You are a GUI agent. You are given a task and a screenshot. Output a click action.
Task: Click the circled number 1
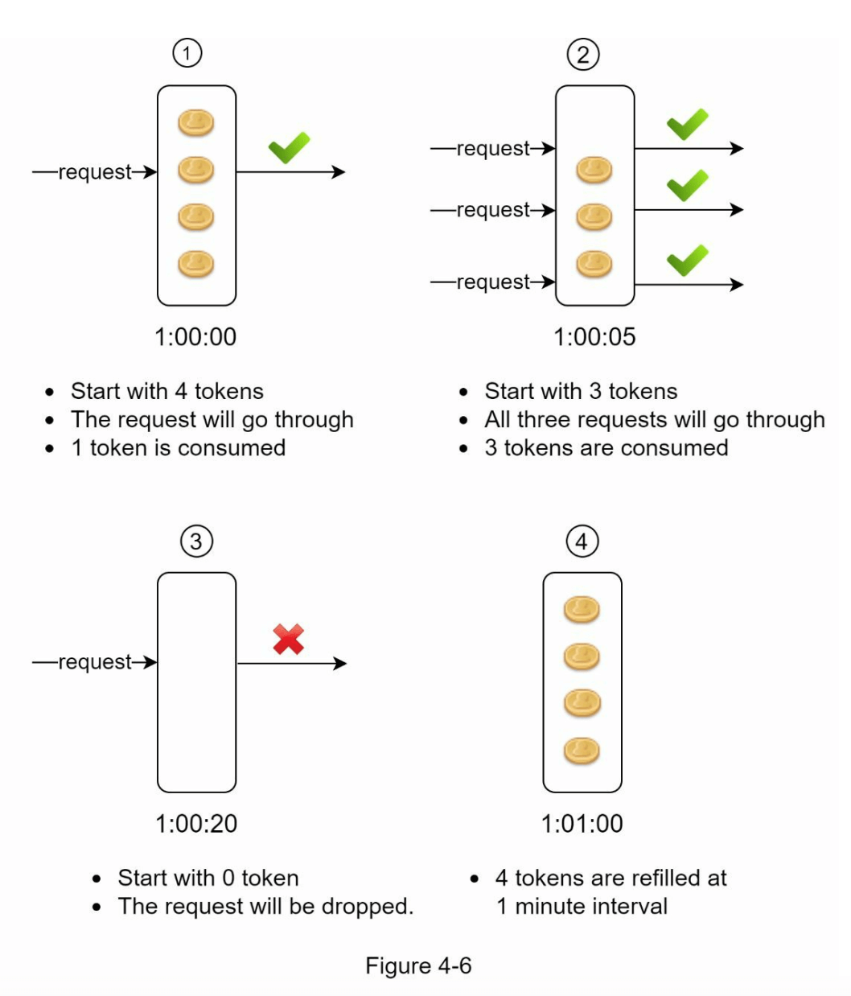187,54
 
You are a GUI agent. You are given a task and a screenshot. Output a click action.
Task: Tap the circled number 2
583,55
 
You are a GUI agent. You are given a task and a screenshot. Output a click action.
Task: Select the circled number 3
196,541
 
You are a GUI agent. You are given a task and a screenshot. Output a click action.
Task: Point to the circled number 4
582,541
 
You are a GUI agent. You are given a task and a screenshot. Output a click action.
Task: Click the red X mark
288,639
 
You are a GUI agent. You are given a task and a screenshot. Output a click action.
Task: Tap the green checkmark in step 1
289,148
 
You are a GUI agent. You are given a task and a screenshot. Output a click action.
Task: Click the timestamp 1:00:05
594,336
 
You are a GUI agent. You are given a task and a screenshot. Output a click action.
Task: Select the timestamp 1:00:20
196,823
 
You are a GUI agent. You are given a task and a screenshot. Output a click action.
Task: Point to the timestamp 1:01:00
582,823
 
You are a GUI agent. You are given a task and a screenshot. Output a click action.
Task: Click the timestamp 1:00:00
195,336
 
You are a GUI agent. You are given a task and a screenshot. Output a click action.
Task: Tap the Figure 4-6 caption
418,965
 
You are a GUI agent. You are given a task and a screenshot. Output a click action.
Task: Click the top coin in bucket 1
195,123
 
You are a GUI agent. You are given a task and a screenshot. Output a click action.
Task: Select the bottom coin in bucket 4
582,751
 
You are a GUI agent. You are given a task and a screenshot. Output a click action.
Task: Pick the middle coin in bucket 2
594,216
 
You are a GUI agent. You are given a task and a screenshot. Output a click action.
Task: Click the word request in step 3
95,661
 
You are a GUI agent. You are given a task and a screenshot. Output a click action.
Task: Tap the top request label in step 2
493,148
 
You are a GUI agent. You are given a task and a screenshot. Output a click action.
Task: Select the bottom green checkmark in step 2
688,260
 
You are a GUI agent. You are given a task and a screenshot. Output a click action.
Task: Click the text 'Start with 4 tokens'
167,391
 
